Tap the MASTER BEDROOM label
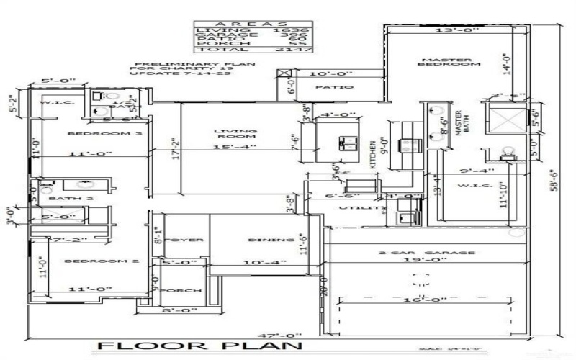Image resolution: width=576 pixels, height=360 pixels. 451,63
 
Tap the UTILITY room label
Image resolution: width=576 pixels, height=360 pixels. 355,207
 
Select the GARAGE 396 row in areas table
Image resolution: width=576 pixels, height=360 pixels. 254,33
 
